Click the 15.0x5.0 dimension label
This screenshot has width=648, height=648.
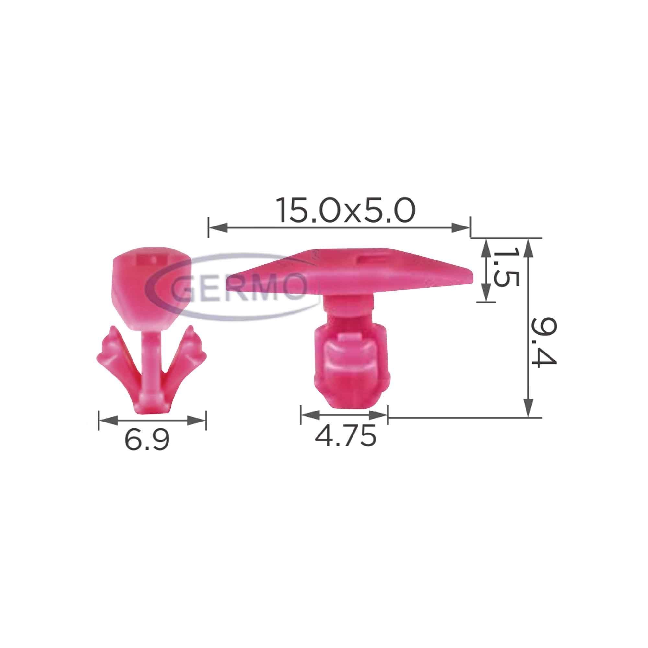coord(345,211)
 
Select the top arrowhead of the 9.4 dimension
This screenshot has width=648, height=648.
coord(528,248)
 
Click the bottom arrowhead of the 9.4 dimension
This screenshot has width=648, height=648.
coord(528,407)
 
